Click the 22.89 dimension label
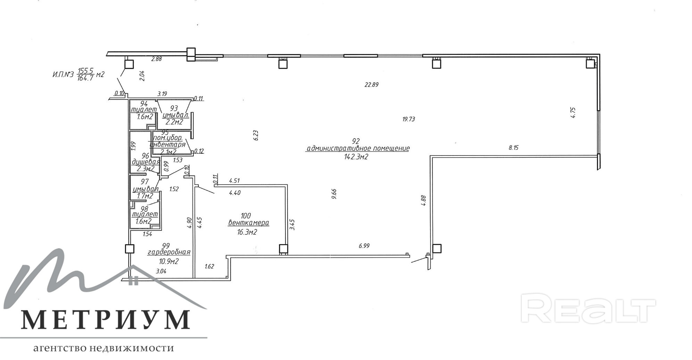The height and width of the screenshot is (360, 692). pyautogui.click(x=371, y=84)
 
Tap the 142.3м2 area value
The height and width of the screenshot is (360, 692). pyautogui.click(x=356, y=157)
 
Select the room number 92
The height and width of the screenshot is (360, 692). pyautogui.click(x=356, y=141)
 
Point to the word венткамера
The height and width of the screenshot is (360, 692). pyautogui.click(x=248, y=223)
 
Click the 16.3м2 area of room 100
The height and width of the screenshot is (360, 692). pyautogui.click(x=247, y=232)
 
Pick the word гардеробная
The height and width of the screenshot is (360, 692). pyautogui.click(x=169, y=252)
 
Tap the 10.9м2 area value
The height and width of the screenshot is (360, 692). pyautogui.click(x=169, y=261)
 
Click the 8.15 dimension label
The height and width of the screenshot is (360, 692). pyautogui.click(x=513, y=148)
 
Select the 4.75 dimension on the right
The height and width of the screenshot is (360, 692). pyautogui.click(x=573, y=113)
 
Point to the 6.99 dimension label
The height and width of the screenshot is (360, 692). pyautogui.click(x=364, y=246)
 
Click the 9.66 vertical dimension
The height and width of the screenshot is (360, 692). pyautogui.click(x=334, y=194)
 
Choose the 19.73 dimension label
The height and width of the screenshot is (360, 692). pyautogui.click(x=409, y=119)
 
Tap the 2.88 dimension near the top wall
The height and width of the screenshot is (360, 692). pyautogui.click(x=156, y=59)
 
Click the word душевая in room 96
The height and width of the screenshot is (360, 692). pyautogui.click(x=145, y=162)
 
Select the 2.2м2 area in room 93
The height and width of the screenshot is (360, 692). pyautogui.click(x=174, y=122)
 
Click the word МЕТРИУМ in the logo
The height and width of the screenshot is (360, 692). pyautogui.click(x=106, y=319)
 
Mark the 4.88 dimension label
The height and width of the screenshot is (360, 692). pyautogui.click(x=423, y=201)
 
